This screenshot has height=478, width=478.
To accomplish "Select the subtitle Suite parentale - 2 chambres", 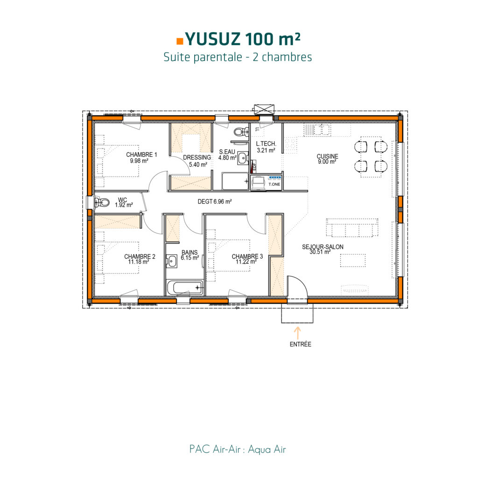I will click(238, 57).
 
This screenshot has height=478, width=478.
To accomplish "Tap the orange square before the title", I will click(180, 41).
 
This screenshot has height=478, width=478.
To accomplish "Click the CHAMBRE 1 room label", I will click(142, 155).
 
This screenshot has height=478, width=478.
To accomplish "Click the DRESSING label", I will click(197, 158).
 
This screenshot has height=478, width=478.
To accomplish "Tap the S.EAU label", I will click(227, 152).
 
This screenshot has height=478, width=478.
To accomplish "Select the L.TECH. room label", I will click(266, 144).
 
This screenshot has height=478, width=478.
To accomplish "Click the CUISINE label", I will click(327, 156).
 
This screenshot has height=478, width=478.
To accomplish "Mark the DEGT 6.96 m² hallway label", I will click(215, 202).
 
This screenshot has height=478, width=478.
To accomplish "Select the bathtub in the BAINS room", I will click(185, 288).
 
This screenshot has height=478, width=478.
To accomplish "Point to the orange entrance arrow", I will click(296, 332).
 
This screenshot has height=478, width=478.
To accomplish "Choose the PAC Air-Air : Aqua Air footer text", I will click(238, 450).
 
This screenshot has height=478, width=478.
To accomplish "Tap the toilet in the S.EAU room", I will click(240, 133).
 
